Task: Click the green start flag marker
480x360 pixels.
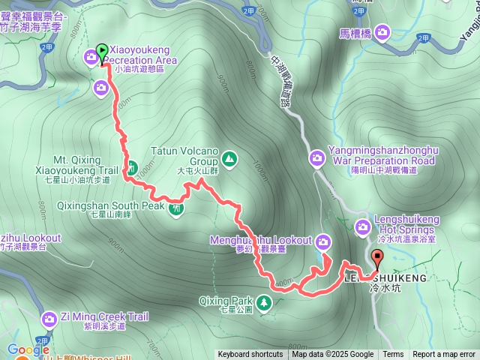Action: pyautogui.click(x=103, y=49)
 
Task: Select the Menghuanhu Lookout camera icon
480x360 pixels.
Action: pyautogui.click(x=323, y=241)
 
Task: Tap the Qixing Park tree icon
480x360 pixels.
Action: pyautogui.click(x=263, y=303)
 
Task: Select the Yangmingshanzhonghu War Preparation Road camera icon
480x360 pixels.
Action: pyautogui.click(x=317, y=157)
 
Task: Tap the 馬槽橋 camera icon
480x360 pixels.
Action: pyautogui.click(x=383, y=31)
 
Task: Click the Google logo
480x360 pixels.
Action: pyautogui.click(x=28, y=349)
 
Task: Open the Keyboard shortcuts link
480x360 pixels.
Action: pyautogui.click(x=250, y=355)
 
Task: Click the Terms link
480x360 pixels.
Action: pyautogui.click(x=393, y=355)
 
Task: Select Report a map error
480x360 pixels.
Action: pyautogui.click(x=444, y=355)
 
